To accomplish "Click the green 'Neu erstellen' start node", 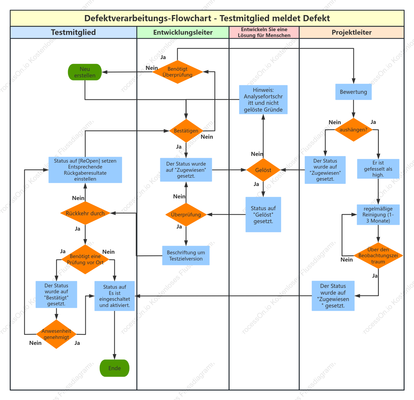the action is pos(85,72).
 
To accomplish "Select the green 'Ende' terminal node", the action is pos(115,368).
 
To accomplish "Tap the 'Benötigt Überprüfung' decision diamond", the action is pos(177,72).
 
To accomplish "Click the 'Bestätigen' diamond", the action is pos(186,131).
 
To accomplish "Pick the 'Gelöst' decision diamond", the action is pos(263,170).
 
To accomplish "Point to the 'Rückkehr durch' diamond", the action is pos(85,213).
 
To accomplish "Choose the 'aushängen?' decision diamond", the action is pos(354,130).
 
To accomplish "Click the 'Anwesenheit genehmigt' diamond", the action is pos(56,334).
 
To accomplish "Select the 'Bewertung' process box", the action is pos(354,92).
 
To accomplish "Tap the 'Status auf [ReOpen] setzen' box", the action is pos(85,170).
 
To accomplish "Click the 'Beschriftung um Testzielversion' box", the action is pos(186,255).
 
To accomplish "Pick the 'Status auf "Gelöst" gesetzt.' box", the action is pos(263,215).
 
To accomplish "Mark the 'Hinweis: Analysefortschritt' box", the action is pos(263,100).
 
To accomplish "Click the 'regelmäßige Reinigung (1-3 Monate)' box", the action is pos(378,215).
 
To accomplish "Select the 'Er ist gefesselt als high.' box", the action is pos(378,169).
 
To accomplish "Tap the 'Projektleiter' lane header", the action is pos(352,32).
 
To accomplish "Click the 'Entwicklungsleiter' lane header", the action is pos(183,32).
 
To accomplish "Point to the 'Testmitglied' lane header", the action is pos(73,32).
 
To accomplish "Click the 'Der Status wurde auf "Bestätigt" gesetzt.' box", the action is pos(56,294).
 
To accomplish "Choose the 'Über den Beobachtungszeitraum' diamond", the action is pos(378,255).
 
